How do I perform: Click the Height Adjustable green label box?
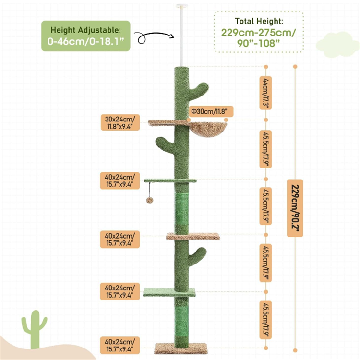point(85,36)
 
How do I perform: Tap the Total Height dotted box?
point(259,32)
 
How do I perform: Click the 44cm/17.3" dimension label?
point(265,93)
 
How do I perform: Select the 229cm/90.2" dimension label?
point(295,208)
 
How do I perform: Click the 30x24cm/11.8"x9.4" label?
point(120,122)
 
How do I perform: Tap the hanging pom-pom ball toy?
point(150,200)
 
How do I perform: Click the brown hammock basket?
point(208,129)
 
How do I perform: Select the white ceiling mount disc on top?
point(182,6)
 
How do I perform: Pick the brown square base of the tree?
point(181,348)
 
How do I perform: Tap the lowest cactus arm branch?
point(197,255)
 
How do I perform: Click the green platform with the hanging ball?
point(170,180)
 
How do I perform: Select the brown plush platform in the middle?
point(193,236)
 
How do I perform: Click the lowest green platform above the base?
point(169,292)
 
